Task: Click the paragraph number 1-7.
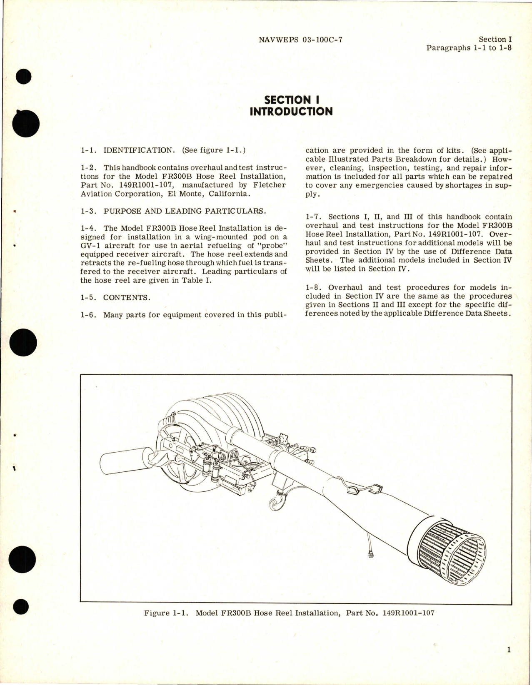click(314, 217)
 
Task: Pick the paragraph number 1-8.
click(314, 287)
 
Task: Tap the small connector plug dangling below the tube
click(370, 554)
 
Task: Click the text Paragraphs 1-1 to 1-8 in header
click(469, 47)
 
